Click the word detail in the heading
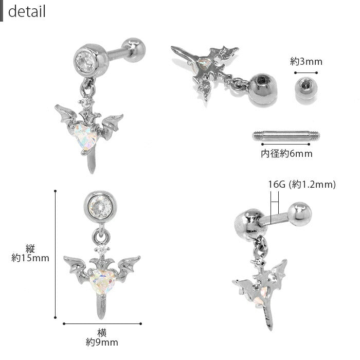coord(27,11)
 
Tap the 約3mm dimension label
coord(306,62)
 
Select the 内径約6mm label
coord(286,154)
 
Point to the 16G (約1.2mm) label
coord(302,184)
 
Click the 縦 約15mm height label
coord(30,253)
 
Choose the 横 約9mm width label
coord(102,337)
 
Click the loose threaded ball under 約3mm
coord(306,88)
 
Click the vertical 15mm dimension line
coord(55,254)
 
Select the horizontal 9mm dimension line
coord(102,323)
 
